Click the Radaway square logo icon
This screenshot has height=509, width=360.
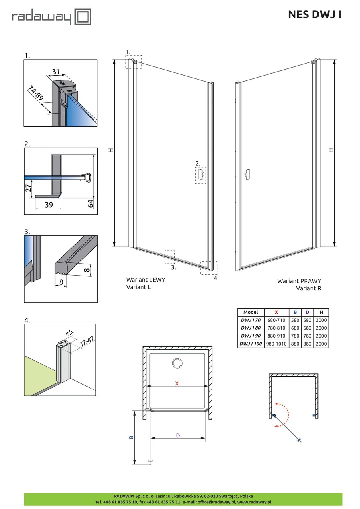click(x=83, y=17)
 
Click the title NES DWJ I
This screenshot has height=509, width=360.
click(x=315, y=15)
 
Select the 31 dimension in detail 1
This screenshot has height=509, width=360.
click(x=56, y=72)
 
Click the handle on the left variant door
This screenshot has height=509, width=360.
click(x=201, y=174)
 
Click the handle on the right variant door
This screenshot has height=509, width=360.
click(x=247, y=174)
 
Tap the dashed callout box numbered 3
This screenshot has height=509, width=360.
click(x=170, y=257)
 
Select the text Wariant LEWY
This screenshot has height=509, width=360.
click(x=146, y=280)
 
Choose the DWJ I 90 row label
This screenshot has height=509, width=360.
click(x=251, y=336)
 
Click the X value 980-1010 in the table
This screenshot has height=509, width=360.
click(x=276, y=344)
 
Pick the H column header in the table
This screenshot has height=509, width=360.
click(x=321, y=312)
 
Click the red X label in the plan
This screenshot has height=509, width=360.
click(x=177, y=383)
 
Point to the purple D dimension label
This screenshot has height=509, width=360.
click(x=178, y=436)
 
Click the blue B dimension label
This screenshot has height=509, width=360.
click(x=131, y=437)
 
